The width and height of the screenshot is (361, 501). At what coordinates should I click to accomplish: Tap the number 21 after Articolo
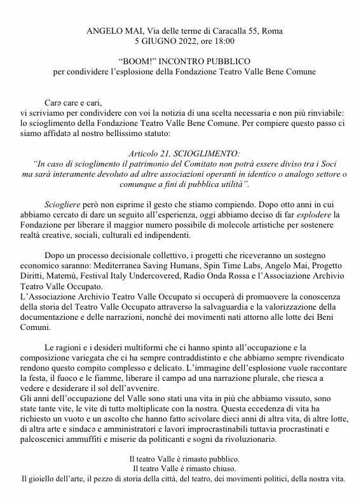point(167,153)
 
